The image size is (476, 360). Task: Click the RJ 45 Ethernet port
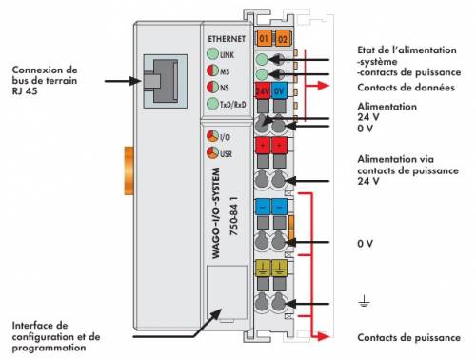coord(165,81)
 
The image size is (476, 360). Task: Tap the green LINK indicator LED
coord(212,54)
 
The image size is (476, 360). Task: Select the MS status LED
coord(212,70)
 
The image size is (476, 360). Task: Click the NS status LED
coord(212,87)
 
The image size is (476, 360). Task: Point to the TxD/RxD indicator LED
coord(212,104)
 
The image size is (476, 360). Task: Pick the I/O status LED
coord(212,136)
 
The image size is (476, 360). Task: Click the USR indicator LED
coord(212,152)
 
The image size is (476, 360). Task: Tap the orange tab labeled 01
coord(264,38)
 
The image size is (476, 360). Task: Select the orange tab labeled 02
coord(282,38)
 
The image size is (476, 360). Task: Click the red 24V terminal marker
coord(263,91)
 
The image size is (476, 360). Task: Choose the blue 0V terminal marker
coord(279,91)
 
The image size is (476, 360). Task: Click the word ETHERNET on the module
coord(227,39)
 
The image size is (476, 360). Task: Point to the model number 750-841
coord(234,216)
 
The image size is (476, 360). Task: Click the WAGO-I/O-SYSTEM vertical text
coord(215,213)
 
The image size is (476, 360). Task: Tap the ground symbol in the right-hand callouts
coord(364,301)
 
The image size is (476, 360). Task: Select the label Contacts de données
coord(406,88)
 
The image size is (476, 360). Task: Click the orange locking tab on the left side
coord(129,170)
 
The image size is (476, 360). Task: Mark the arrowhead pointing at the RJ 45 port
coord(136,81)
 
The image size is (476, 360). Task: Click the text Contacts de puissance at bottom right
coord(408,337)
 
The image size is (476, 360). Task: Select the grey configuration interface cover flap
coord(227,292)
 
